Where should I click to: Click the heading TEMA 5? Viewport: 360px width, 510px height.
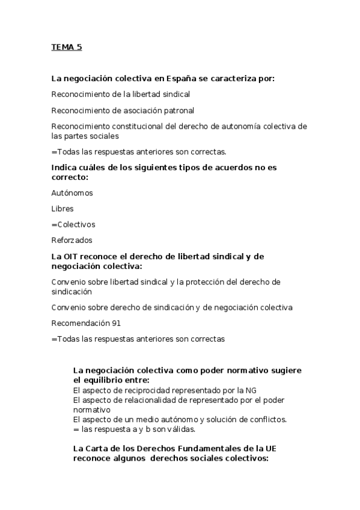point(66,48)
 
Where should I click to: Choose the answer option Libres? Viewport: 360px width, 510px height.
point(63,209)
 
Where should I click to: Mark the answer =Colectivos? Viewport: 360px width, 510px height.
point(73,224)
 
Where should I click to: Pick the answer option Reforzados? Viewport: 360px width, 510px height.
point(72,240)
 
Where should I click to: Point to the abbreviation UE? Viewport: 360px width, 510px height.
point(269,449)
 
